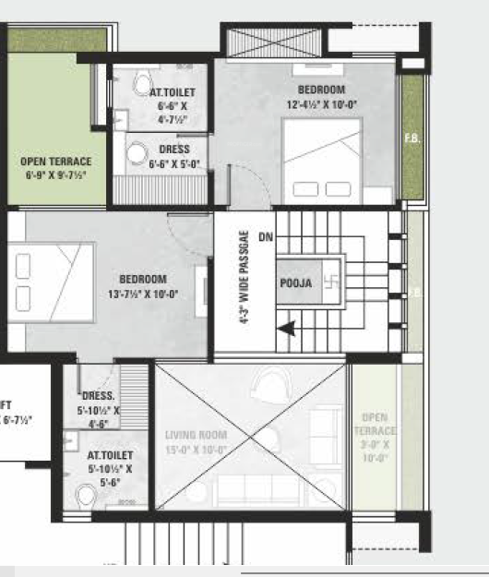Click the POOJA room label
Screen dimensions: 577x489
click(294, 282)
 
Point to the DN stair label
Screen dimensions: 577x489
click(267, 237)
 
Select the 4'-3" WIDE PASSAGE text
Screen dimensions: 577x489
click(244, 278)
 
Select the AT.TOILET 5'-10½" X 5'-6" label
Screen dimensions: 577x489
click(110, 468)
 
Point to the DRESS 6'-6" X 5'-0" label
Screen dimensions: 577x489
click(174, 156)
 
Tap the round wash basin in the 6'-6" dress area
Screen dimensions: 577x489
click(137, 153)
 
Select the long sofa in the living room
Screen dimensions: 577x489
click(249, 489)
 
